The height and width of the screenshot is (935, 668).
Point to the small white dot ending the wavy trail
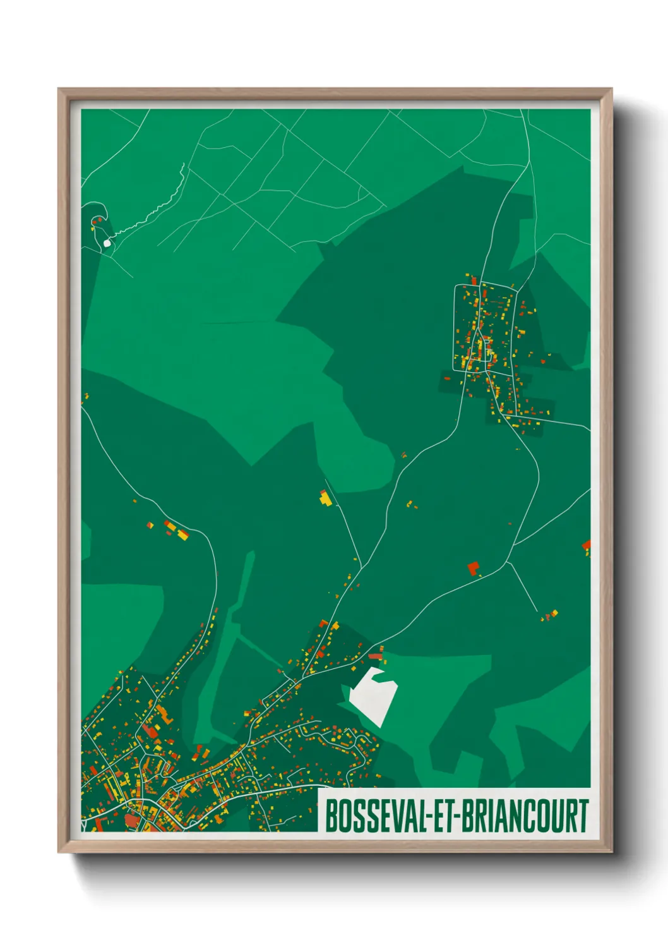click(x=107, y=243)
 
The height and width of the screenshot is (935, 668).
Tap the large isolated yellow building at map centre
click(x=325, y=498)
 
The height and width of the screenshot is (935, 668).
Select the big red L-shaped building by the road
click(x=474, y=567)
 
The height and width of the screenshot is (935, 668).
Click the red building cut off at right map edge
click(x=587, y=545)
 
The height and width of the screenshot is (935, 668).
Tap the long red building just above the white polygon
click(x=376, y=656)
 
